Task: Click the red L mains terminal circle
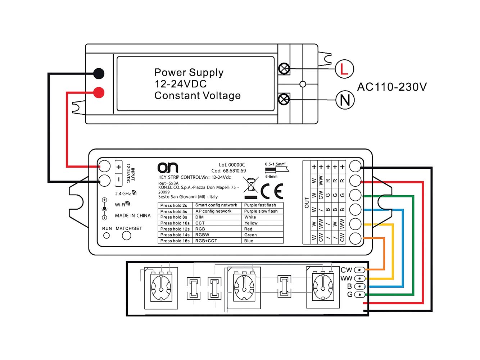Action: tap(344, 69)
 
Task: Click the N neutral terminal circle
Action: tap(345, 100)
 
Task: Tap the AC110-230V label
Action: tap(391, 87)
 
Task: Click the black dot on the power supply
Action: tap(99, 73)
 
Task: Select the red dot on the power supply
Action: tap(99, 92)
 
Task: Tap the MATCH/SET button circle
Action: tap(126, 236)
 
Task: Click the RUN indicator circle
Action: tap(107, 236)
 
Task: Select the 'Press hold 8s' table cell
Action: tap(175, 217)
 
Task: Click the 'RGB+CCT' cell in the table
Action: tap(217, 241)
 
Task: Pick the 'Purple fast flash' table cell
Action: tap(262, 205)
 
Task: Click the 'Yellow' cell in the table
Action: tap(262, 223)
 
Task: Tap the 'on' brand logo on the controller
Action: tap(168, 168)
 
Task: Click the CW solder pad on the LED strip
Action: tap(359, 270)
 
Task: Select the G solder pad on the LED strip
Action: tap(359, 295)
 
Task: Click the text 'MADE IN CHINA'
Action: tap(133, 215)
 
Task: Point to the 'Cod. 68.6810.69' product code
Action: tap(228, 171)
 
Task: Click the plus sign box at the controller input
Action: tap(118, 167)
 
